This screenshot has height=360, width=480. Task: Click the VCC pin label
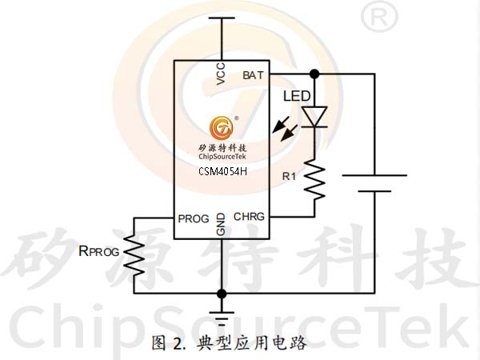(x=221, y=74)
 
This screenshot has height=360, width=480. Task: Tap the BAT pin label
(x=253, y=75)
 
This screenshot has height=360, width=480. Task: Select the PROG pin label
(x=194, y=219)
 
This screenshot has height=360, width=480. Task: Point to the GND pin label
(x=221, y=224)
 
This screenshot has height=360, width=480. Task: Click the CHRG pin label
(x=249, y=217)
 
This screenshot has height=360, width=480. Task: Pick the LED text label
(x=297, y=96)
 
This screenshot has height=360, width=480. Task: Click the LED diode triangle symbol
(x=314, y=117)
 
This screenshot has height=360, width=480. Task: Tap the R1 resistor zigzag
(x=314, y=180)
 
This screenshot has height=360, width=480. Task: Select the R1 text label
(x=289, y=176)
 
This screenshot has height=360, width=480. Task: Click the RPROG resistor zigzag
(x=134, y=256)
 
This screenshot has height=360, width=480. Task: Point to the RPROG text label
(x=99, y=251)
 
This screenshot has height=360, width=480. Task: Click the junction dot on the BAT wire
(x=314, y=74)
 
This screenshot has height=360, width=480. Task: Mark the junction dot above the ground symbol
(x=222, y=294)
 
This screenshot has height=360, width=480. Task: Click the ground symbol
(x=222, y=318)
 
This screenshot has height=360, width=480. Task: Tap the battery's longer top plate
(x=374, y=175)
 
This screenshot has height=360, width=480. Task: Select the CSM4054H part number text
(x=222, y=171)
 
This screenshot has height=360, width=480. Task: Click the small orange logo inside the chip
(x=222, y=127)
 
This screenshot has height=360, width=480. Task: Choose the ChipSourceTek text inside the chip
(x=222, y=157)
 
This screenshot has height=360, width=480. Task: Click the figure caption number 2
(x=179, y=344)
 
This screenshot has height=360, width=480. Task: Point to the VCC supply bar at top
(x=222, y=18)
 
